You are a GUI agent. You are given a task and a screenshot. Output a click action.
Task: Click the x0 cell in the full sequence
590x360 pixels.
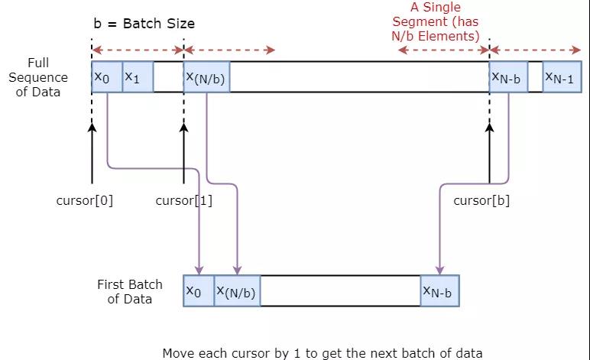(106, 77)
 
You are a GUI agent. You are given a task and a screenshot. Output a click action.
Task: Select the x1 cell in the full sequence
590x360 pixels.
(138, 77)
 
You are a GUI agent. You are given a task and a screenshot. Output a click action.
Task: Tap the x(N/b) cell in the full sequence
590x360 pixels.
(206, 77)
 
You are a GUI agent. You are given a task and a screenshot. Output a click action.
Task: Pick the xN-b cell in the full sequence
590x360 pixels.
(508, 77)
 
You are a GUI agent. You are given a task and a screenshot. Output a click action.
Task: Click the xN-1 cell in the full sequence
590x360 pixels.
(562, 77)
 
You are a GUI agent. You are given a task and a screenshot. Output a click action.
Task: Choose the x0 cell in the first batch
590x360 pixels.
(199, 291)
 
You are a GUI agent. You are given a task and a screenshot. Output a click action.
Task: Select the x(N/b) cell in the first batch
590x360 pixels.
(237, 291)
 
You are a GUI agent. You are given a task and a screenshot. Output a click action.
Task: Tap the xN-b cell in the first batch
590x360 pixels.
(440, 291)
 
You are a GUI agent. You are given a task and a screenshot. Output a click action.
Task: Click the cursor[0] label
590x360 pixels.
(85, 201)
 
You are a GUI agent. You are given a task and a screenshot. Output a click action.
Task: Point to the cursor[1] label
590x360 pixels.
(183, 201)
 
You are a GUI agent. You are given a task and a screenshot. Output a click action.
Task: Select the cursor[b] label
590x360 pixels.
(481, 201)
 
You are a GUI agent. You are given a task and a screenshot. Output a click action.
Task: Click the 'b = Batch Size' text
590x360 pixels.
(144, 23)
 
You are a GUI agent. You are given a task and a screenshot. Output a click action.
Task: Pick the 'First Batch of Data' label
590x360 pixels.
(130, 291)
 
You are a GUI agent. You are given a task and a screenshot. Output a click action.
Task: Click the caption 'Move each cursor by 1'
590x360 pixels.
(323, 352)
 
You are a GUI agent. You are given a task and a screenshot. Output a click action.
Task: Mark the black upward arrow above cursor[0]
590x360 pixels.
(92, 153)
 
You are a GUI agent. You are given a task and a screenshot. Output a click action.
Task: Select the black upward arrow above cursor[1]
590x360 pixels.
(183, 153)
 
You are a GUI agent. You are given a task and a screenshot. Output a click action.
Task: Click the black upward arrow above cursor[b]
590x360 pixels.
(489, 153)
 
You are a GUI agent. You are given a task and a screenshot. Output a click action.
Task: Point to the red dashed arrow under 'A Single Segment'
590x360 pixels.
(443, 51)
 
